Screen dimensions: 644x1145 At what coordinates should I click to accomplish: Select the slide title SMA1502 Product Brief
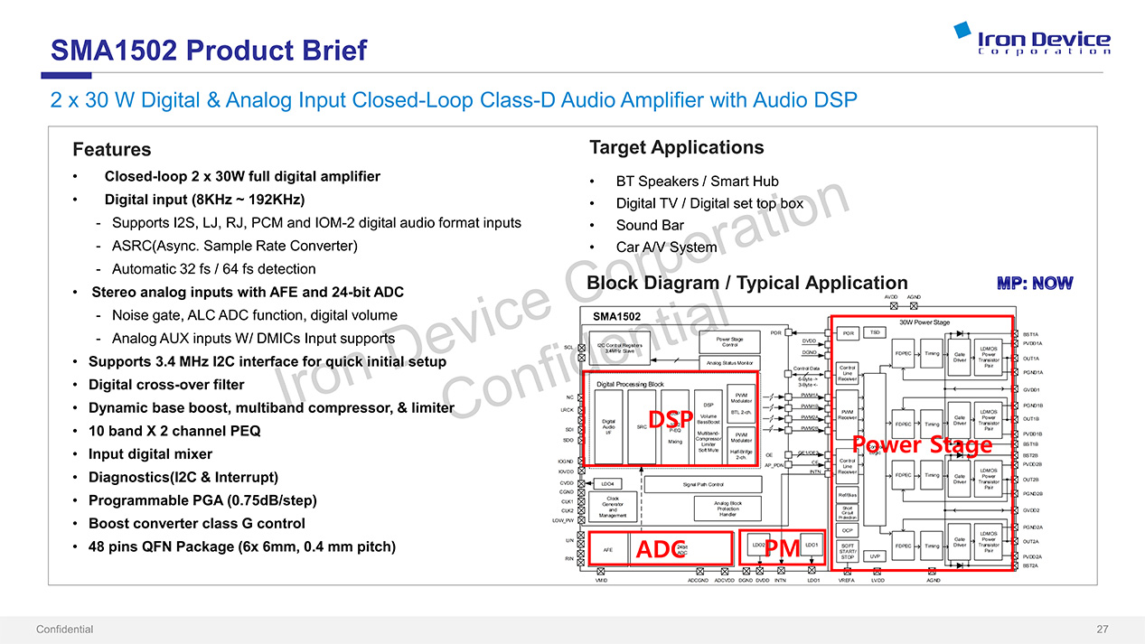point(208,50)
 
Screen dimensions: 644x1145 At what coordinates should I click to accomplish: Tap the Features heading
point(111,149)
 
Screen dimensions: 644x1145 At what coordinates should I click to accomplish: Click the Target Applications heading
point(676,147)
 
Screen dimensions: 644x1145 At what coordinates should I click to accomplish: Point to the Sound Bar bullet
point(649,225)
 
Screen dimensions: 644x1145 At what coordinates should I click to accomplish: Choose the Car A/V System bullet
point(665,247)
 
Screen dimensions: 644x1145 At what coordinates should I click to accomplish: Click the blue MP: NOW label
point(1035,284)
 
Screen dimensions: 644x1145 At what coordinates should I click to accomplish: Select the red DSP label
point(671,420)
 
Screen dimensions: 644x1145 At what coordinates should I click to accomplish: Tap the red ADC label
point(662,549)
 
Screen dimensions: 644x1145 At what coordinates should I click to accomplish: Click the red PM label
point(783,547)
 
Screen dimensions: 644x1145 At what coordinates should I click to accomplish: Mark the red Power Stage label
point(922,444)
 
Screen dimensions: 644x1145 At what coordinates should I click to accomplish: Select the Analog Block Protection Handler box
point(727,509)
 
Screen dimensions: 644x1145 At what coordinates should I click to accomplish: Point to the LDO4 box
point(609,483)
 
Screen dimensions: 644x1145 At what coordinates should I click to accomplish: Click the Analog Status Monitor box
point(730,363)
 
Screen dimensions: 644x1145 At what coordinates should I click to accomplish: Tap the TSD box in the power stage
point(875,332)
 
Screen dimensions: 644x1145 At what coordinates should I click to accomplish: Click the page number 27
point(1102,630)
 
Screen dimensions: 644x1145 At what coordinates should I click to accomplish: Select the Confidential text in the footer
point(64,630)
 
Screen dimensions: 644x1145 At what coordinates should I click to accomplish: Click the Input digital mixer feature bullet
point(150,454)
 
